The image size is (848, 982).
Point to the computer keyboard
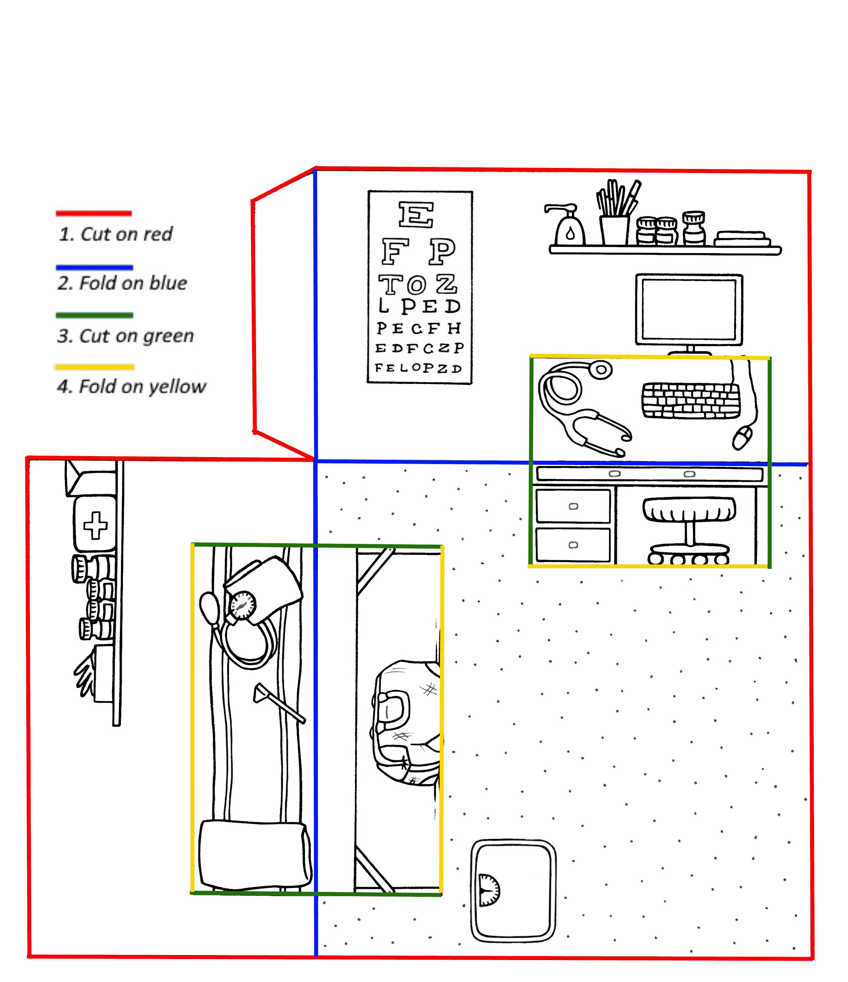691,401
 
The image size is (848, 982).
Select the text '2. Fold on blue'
122,283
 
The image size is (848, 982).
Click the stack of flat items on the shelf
742,239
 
